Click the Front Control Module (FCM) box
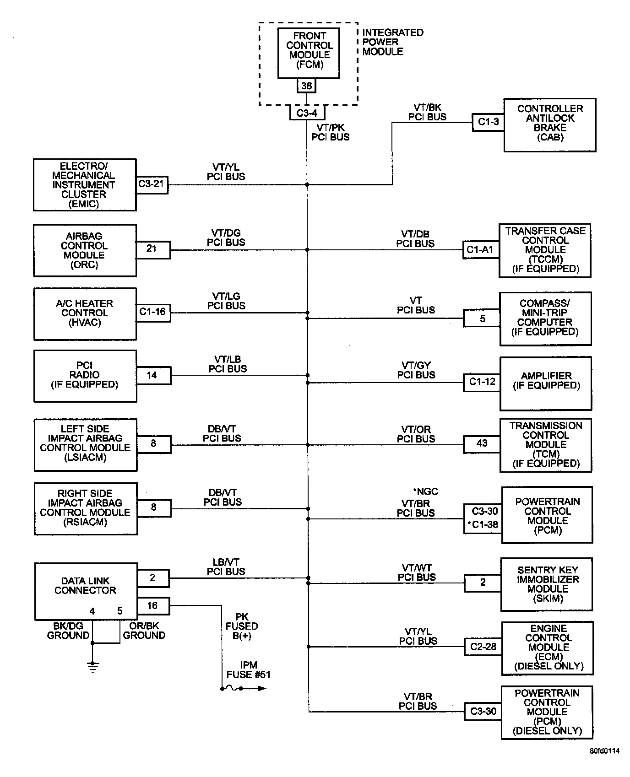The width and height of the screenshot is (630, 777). click(x=309, y=53)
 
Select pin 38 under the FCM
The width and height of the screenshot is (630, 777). click(x=306, y=86)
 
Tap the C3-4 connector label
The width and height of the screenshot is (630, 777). click(x=307, y=113)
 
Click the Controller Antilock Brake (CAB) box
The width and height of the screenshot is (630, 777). click(x=549, y=124)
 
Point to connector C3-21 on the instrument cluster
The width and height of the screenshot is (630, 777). click(x=152, y=184)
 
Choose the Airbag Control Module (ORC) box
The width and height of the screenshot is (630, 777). click(x=85, y=250)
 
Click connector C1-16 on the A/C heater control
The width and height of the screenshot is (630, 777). click(x=153, y=312)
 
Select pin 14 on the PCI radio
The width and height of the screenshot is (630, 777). click(x=152, y=375)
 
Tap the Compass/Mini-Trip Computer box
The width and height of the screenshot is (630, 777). click(x=545, y=318)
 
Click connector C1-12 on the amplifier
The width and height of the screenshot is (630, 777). click(x=482, y=382)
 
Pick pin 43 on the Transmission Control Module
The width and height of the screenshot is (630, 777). click(x=482, y=443)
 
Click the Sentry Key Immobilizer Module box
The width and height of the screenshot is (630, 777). click(x=547, y=584)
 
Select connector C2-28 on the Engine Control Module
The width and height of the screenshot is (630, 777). click(x=483, y=647)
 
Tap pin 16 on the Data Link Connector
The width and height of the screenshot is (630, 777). click(x=152, y=606)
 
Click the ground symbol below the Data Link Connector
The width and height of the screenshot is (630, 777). click(x=92, y=666)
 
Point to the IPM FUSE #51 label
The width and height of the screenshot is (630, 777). click(x=248, y=670)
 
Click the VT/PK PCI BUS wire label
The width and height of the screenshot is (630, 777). click(x=330, y=133)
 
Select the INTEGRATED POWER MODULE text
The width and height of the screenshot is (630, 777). click(x=392, y=42)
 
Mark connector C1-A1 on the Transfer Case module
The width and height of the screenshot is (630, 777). click(x=480, y=250)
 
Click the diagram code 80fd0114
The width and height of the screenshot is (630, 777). click(x=604, y=751)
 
